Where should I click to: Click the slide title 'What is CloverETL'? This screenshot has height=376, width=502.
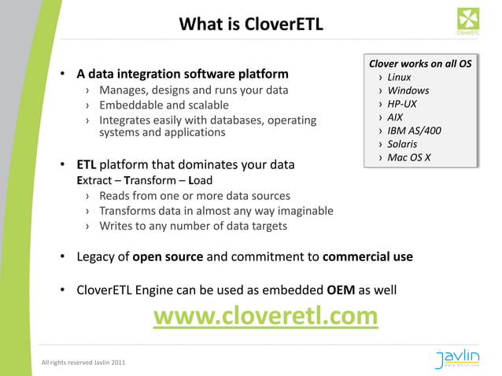251,24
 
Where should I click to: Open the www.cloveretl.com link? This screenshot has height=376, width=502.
265,315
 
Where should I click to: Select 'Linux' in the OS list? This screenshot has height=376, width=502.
399,77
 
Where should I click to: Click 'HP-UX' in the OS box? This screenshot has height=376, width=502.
402,104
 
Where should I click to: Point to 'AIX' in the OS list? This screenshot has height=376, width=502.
395,117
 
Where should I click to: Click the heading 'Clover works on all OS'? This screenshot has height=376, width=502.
420,64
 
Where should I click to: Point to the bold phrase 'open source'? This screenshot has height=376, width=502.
168,256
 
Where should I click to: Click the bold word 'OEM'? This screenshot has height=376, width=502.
341,289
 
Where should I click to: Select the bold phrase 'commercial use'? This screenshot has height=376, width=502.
367,256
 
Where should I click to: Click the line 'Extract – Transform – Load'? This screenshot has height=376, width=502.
144,180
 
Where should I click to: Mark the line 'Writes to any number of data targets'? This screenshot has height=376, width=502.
193,227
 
